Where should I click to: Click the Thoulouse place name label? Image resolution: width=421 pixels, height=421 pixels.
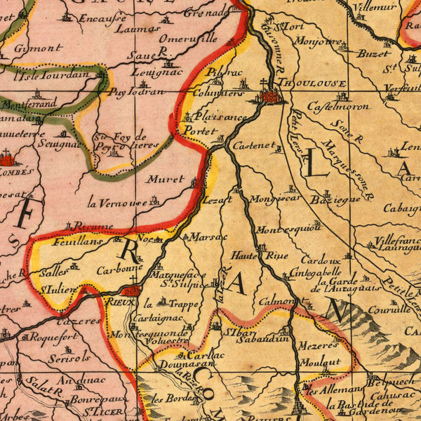(313, 83)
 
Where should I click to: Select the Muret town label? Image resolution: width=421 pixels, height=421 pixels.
(166, 179)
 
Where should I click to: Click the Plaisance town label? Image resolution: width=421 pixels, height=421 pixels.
(220, 116)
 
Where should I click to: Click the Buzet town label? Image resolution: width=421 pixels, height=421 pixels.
(373, 53)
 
